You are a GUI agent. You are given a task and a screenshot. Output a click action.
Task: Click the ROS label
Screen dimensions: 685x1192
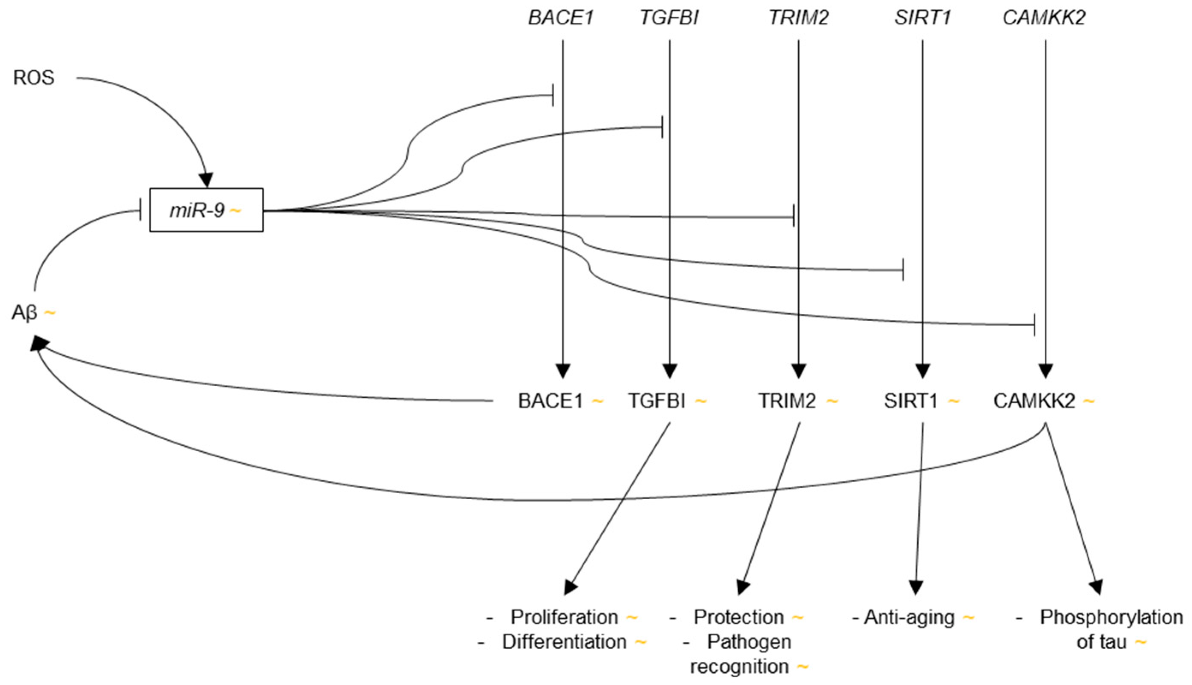click(33, 77)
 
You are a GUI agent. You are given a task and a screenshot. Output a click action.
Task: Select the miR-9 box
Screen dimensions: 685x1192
click(206, 210)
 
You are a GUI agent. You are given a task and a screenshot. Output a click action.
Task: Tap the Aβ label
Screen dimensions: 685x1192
click(24, 313)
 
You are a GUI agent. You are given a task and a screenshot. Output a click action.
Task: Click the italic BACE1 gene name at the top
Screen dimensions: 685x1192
click(561, 18)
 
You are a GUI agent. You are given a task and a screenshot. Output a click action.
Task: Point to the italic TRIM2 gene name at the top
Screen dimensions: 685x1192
click(798, 18)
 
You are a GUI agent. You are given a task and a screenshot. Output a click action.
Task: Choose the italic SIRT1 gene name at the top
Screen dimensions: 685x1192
click(922, 18)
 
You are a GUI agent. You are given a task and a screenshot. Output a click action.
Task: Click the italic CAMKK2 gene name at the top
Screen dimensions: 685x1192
click(1044, 18)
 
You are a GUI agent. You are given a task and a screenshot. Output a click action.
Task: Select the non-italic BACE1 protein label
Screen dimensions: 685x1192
click(550, 401)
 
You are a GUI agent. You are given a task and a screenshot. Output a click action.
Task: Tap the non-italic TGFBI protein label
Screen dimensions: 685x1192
click(657, 401)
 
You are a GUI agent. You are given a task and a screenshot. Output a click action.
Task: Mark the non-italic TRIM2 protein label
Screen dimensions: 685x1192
click(787, 401)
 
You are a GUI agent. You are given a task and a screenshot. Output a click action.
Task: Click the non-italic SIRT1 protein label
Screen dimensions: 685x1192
click(911, 401)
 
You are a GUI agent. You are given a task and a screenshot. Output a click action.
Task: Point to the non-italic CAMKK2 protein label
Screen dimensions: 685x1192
click(1034, 401)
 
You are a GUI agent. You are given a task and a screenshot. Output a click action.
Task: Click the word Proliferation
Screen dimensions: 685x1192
click(564, 617)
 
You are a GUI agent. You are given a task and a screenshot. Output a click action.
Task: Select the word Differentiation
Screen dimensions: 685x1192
click(564, 642)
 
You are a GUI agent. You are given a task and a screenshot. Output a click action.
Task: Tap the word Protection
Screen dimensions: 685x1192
click(738, 617)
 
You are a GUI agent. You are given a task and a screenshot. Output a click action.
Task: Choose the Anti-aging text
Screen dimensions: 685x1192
click(910, 617)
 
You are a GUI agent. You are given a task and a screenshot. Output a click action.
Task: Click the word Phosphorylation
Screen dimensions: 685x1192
click(1111, 617)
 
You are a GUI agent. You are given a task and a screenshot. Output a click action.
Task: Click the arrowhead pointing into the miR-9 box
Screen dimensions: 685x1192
click(206, 181)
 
